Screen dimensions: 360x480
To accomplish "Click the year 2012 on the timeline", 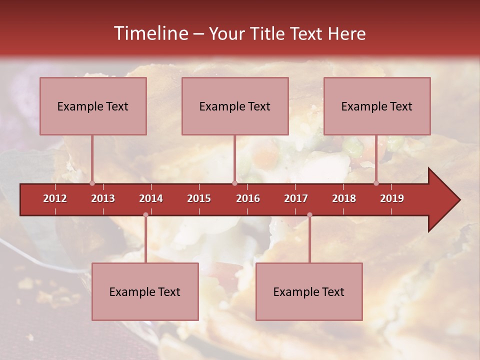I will click(55, 198).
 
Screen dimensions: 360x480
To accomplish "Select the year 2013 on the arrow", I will click(103, 198).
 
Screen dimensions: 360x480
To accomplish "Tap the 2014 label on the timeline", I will click(151, 198).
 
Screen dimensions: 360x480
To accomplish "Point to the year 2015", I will click(199, 198).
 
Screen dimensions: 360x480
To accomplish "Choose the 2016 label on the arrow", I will click(248, 198).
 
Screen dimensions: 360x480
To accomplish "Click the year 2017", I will click(296, 198).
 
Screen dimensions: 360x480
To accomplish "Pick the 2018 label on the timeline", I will click(344, 198).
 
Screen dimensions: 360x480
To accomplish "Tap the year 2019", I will click(392, 198).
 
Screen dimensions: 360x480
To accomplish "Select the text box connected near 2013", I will click(93, 106).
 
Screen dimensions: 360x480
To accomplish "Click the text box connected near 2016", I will click(235, 106).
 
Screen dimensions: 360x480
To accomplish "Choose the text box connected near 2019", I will click(377, 106).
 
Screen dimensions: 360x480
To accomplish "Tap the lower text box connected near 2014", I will click(145, 291).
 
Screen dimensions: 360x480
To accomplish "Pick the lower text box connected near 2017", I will click(309, 291).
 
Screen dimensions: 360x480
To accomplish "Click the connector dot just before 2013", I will click(92, 183).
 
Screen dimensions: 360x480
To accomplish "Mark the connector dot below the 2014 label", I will click(145, 215).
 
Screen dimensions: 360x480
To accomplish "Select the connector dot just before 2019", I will click(376, 183).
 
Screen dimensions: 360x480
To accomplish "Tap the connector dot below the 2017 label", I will click(309, 215).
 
